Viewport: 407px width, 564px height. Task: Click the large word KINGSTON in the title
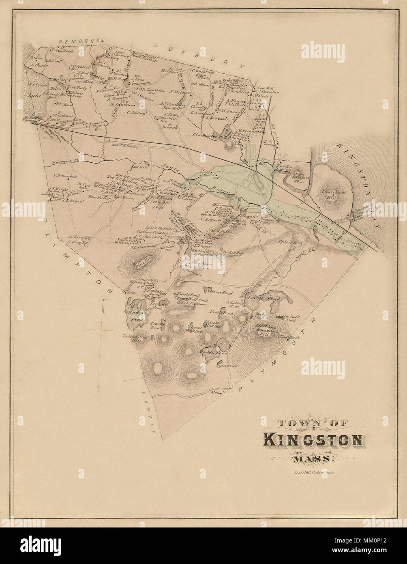(x=313, y=440)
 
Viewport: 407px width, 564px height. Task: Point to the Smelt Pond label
(x=269, y=299)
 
